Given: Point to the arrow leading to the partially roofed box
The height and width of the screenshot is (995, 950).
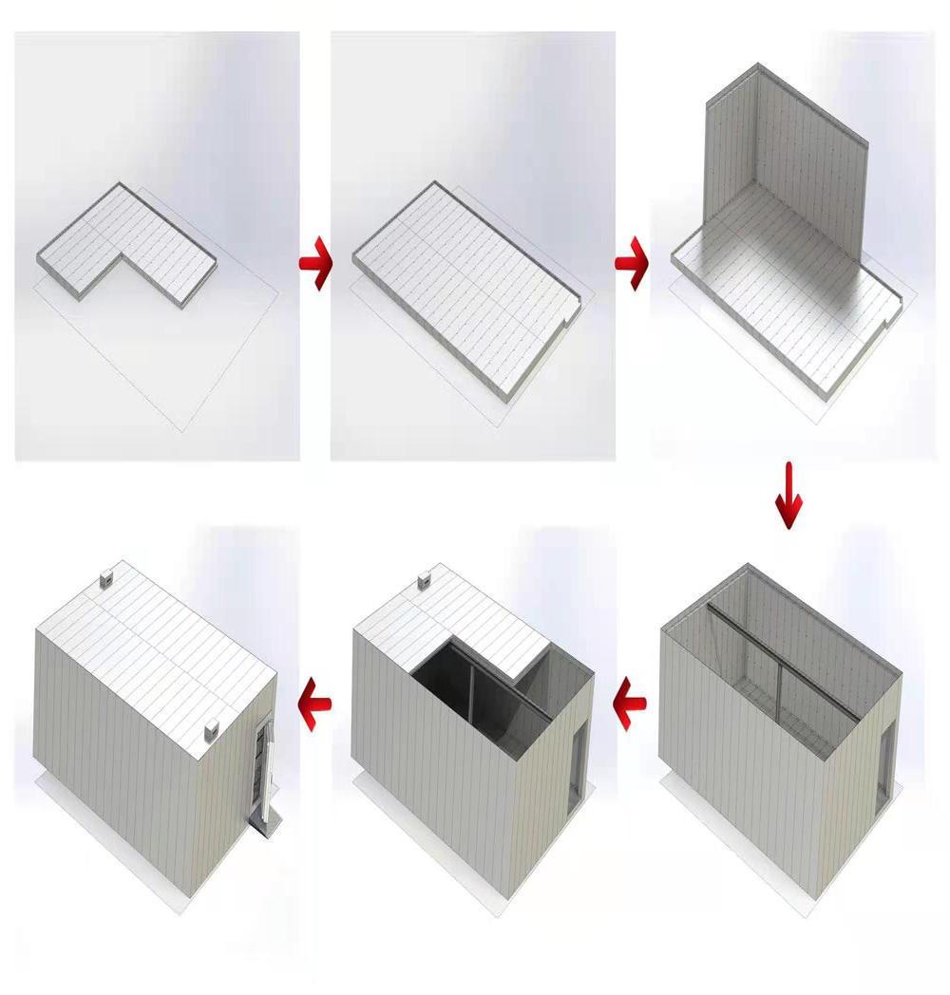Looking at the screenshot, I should click(x=632, y=704).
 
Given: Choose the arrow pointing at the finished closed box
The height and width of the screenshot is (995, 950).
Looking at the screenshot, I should click(x=315, y=704).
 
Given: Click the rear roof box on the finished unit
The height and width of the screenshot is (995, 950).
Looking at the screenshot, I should click(x=106, y=579).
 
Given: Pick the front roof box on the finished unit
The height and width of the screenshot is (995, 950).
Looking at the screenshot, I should click(x=213, y=731).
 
